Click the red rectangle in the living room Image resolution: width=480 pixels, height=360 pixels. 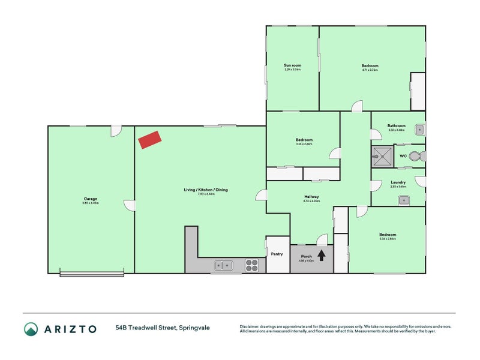[x=150, y=140]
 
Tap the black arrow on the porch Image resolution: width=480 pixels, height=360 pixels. [x=321, y=255]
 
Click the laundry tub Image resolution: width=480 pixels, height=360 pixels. [x=404, y=200]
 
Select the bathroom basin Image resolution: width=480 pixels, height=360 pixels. [x=420, y=129]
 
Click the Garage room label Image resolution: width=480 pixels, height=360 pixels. [x=91, y=199]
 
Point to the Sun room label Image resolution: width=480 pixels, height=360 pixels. [x=292, y=65]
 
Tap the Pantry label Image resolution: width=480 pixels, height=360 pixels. [x=277, y=254]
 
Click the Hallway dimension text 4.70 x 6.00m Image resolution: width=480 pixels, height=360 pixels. [x=311, y=201]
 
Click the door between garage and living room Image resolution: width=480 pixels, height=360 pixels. [x=129, y=205]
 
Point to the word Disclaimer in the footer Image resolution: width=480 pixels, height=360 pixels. [x=250, y=326]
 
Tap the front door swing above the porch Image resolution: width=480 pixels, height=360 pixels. [x=322, y=238]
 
